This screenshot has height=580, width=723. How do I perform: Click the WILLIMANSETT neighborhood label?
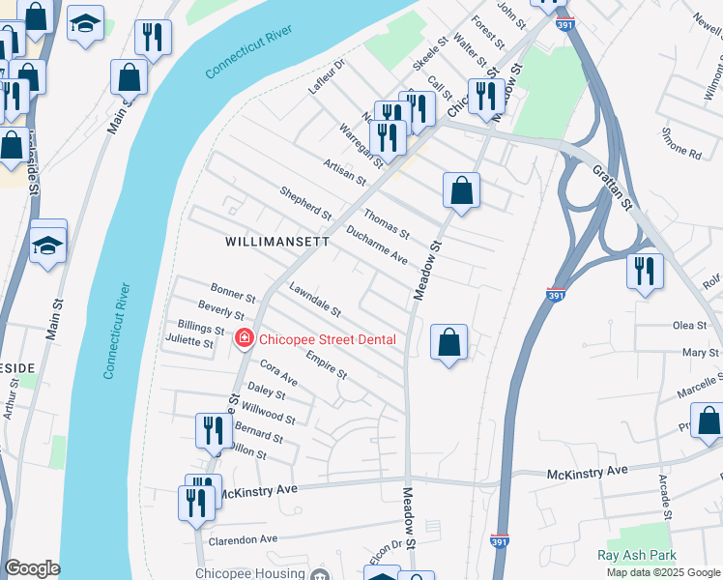(x=277, y=241)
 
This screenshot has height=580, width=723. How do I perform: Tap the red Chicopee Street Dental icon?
(x=245, y=338)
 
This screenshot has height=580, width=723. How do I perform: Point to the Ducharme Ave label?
(x=376, y=248)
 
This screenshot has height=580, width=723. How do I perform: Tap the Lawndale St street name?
(x=315, y=301)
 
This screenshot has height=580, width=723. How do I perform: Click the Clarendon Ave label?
(x=243, y=538)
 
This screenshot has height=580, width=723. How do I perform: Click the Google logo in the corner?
(x=32, y=569)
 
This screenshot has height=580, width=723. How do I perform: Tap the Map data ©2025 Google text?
(x=663, y=572)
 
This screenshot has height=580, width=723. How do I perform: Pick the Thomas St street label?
(x=387, y=224)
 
